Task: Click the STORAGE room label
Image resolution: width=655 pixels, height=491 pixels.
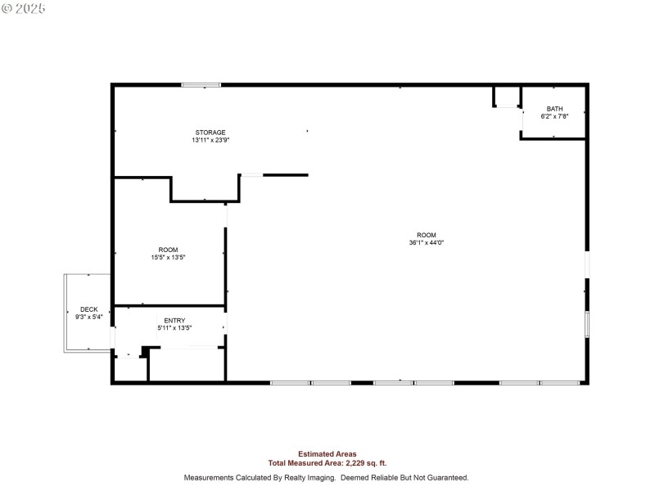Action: point(210,133)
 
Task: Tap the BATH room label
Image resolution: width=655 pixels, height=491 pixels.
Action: point(554,109)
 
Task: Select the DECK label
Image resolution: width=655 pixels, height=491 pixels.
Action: point(88,309)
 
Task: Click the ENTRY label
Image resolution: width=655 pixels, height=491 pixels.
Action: point(174,320)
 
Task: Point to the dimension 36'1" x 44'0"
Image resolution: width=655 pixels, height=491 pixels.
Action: point(427,242)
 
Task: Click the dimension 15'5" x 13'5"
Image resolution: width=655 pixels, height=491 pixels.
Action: point(168,257)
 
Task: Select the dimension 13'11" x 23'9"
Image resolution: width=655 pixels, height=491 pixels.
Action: point(210,140)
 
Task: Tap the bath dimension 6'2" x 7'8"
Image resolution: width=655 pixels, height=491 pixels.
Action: point(554,116)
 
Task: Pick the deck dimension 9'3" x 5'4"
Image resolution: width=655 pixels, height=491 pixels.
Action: point(88,317)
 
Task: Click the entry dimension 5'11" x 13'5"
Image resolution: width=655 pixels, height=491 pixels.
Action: point(174,327)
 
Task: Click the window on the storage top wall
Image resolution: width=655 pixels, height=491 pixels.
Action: point(201,84)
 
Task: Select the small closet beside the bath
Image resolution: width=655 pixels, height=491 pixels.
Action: point(508,97)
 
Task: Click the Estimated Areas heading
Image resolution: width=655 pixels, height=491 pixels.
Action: point(327,453)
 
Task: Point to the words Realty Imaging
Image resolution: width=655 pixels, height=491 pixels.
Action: point(301,477)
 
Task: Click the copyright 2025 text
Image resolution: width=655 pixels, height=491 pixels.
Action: point(24,8)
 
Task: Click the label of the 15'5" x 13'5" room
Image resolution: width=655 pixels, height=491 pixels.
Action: point(168,250)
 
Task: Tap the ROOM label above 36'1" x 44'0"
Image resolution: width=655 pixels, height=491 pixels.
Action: point(427,235)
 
